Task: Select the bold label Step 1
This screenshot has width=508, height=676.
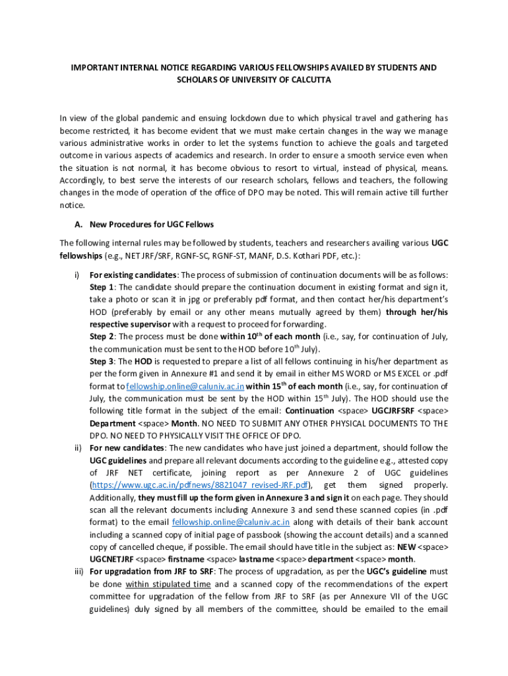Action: [102, 287]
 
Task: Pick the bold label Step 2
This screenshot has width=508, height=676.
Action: [102, 337]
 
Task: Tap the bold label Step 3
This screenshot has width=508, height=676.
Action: [102, 362]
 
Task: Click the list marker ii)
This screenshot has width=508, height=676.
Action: [76, 448]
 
